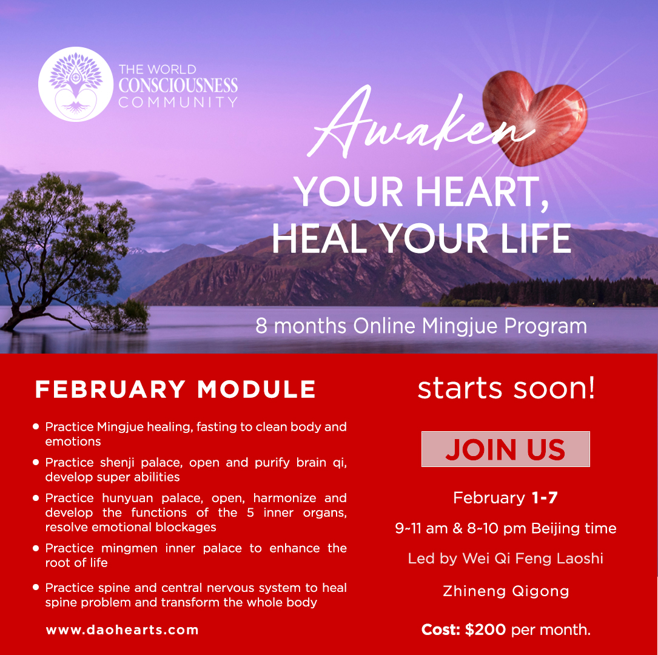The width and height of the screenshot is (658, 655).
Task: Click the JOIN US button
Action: point(505,449)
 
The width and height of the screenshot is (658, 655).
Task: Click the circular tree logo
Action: point(76,84)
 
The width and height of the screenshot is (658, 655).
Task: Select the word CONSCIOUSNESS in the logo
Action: point(178,86)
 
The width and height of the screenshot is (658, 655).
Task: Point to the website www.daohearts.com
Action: point(122,630)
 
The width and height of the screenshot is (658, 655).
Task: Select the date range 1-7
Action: point(544,498)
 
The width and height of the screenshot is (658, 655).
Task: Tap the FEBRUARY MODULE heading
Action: point(175,389)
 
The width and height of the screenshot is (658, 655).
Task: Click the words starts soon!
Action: point(506,388)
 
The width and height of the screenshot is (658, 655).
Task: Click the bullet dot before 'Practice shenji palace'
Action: point(36,462)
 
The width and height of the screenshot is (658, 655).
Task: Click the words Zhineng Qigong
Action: point(506,591)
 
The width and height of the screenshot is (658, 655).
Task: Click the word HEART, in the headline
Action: point(482,192)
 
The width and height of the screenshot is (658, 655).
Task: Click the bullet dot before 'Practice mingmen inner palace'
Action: point(36,548)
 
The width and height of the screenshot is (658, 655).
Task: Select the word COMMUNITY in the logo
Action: point(178,102)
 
